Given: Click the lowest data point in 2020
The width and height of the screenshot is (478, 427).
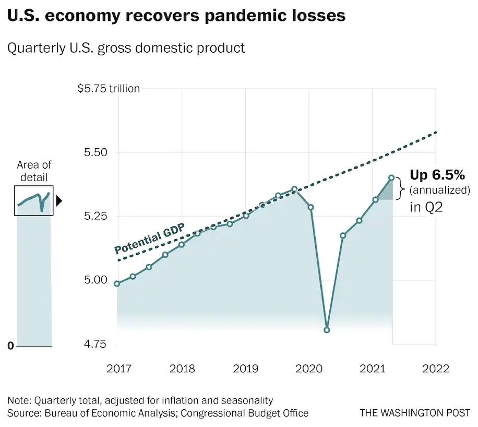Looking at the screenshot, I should [x=327, y=330].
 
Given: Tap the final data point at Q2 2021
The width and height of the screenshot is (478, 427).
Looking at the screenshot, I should [x=391, y=177].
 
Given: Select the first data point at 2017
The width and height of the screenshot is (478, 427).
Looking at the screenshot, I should [x=117, y=284].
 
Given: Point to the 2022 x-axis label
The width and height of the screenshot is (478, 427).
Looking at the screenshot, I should [x=436, y=369].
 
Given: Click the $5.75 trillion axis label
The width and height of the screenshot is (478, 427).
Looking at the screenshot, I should [x=109, y=89].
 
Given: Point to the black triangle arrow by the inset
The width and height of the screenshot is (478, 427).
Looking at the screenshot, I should [x=59, y=200].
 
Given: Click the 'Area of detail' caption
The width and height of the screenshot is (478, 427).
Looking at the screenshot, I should [x=34, y=171].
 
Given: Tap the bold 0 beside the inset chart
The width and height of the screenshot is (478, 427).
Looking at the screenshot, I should [x=10, y=346].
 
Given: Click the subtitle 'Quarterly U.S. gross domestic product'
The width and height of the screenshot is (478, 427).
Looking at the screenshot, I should [x=126, y=49].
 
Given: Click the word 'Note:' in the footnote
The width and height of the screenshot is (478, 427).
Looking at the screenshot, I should [x=19, y=400].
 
